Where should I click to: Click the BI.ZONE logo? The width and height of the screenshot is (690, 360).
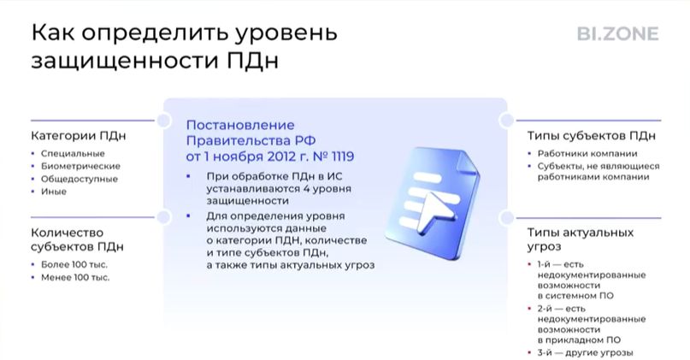[618, 34]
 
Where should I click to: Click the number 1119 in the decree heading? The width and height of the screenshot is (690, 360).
[342, 156]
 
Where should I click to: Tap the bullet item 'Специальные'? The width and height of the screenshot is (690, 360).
[73, 154]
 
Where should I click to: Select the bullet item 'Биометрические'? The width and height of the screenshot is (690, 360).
[80, 167]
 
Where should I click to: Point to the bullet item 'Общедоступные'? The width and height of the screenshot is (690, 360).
[80, 179]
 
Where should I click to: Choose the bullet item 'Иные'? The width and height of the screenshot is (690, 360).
[54, 192]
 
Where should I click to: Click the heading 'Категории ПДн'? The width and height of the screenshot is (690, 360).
[79, 136]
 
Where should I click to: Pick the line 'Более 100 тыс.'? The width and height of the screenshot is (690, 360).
[74, 264]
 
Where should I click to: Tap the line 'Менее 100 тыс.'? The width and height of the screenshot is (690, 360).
[75, 277]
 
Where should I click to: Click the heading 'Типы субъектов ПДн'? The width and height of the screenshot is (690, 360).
[592, 136]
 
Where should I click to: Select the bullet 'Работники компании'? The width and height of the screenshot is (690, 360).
[587, 154]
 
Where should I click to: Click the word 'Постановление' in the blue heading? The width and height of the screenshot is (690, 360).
[240, 125]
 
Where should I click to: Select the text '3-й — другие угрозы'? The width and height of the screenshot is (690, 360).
[586, 353]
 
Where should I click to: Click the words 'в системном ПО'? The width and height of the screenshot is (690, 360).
[575, 296]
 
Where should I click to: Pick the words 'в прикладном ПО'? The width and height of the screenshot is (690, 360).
[579, 340]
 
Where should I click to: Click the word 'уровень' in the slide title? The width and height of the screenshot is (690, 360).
[286, 33]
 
